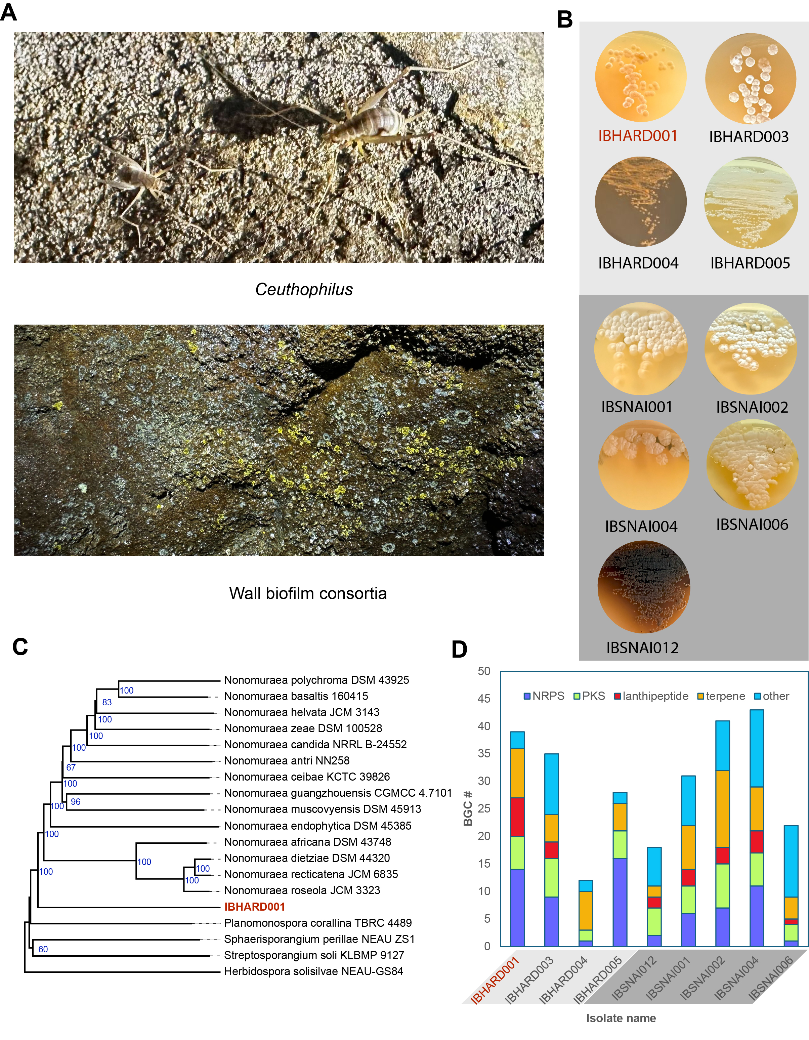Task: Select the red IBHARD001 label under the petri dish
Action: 638,136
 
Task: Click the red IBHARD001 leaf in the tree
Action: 254,907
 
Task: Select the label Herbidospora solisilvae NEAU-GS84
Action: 313,971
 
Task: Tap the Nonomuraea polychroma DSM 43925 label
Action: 316,680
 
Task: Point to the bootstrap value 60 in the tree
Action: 43,949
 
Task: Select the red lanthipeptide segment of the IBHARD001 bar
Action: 517,817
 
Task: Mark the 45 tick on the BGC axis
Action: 484,699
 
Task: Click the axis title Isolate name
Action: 621,1018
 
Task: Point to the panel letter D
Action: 459,650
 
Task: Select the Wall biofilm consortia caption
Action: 308,593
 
